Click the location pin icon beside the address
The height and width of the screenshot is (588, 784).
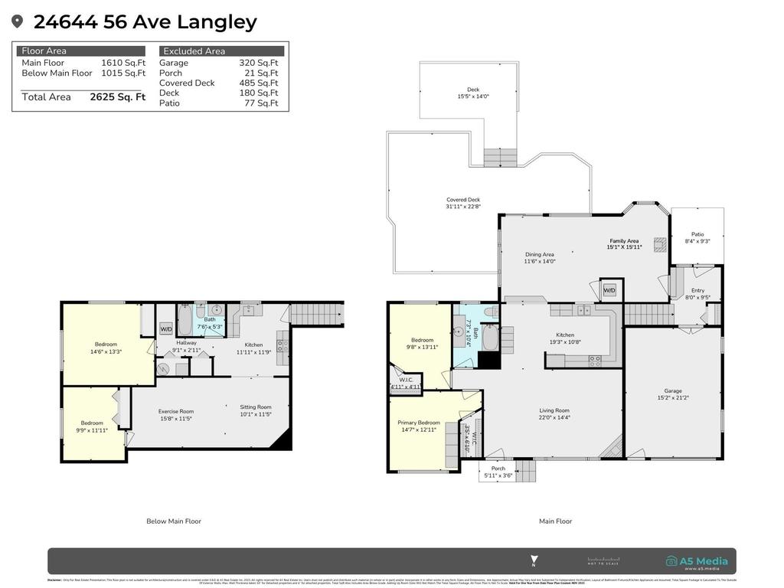click(x=18, y=22)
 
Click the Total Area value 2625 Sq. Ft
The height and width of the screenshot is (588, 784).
click(x=117, y=97)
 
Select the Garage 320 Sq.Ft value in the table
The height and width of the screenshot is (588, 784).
click(x=258, y=63)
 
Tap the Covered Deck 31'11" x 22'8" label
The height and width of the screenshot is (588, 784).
click(x=463, y=203)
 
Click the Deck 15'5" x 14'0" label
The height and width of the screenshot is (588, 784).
click(x=473, y=93)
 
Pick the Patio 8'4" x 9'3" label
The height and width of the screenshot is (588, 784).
click(x=697, y=238)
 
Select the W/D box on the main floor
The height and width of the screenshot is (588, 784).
click(x=609, y=291)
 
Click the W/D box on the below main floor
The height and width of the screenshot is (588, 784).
click(x=166, y=329)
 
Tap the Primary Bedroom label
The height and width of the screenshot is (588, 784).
click(x=419, y=426)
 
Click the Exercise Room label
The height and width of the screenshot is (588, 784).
click(x=176, y=415)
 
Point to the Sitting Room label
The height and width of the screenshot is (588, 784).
click(x=256, y=411)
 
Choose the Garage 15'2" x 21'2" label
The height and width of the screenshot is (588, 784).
click(x=673, y=394)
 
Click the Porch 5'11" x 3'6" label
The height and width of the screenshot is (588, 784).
click(x=498, y=472)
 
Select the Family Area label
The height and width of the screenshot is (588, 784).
click(x=623, y=243)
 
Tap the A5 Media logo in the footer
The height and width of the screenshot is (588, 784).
click(x=697, y=562)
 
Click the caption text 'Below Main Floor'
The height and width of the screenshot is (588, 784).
click(x=174, y=521)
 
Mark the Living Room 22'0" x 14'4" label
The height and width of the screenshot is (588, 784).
click(x=554, y=414)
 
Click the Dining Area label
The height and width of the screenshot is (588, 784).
click(x=539, y=258)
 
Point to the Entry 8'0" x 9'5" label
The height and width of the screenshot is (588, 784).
click(x=697, y=294)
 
